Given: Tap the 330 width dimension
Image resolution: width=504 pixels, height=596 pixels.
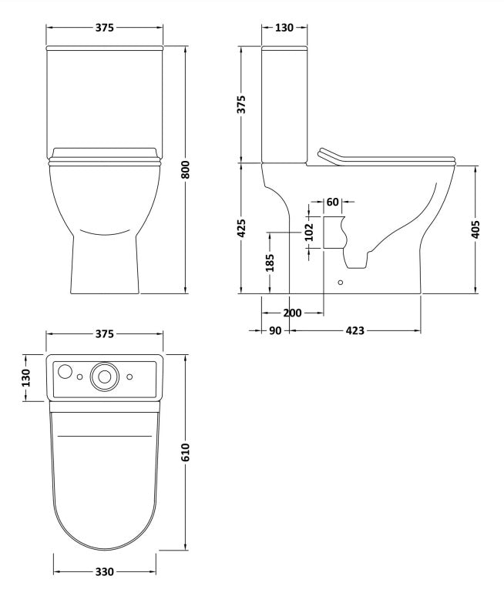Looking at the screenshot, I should (x=105, y=572).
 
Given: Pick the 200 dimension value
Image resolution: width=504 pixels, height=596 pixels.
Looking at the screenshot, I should (x=292, y=313).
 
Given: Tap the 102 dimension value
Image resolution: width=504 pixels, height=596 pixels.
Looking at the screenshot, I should (x=310, y=233).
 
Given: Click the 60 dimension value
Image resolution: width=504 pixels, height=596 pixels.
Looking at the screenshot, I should (x=333, y=203).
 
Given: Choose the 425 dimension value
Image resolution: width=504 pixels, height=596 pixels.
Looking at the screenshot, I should (x=241, y=229).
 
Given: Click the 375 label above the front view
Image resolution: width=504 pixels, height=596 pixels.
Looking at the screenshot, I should (x=105, y=28).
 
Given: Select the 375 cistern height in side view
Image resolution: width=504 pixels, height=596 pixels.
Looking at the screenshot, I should (x=241, y=105).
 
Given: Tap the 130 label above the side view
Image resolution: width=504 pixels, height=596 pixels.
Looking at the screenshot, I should (x=284, y=28).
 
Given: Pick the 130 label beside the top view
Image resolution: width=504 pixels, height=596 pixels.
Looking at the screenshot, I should (x=25, y=377).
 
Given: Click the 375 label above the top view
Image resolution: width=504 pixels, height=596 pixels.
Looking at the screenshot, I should (x=105, y=334).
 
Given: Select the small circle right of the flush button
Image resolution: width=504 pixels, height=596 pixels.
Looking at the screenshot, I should (x=129, y=377).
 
